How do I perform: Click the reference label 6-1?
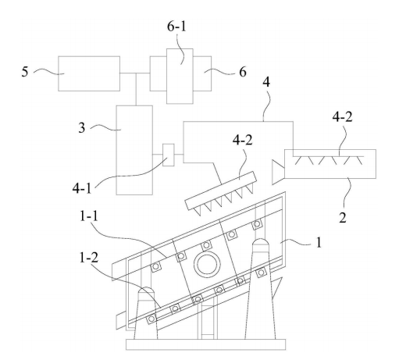[176, 27]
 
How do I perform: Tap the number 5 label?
[25, 72]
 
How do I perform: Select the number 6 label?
[243, 72]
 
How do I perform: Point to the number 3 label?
[82, 128]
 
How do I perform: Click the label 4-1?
[82, 187]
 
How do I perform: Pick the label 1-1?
[89, 216]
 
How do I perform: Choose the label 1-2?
[89, 258]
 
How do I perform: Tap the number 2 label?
[343, 217]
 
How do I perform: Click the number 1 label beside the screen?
[319, 242]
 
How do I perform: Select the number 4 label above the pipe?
[266, 82]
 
